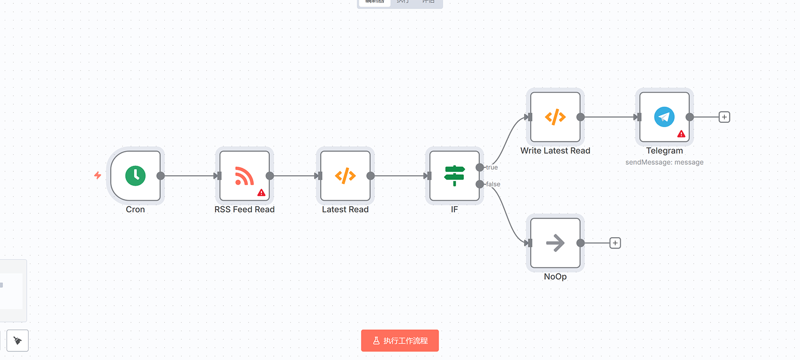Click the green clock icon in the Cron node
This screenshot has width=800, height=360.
pyautogui.click(x=135, y=176)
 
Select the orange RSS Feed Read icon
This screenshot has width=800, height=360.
pyautogui.click(x=244, y=176)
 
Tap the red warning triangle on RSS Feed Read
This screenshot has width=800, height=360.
pyautogui.click(x=261, y=192)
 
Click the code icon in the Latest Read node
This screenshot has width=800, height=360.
pyautogui.click(x=345, y=176)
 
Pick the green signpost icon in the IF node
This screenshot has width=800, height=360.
pyautogui.click(x=454, y=176)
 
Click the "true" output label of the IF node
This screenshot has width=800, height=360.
pyautogui.click(x=492, y=167)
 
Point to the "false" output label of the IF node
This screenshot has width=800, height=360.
pyautogui.click(x=493, y=184)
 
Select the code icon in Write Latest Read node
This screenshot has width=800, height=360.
pyautogui.click(x=555, y=117)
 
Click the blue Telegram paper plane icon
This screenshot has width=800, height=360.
pyautogui.click(x=664, y=117)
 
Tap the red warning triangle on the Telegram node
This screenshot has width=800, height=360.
pyautogui.click(x=681, y=134)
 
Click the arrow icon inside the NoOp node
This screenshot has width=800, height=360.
pyautogui.click(x=555, y=243)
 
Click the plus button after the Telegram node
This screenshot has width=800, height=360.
pyautogui.click(x=724, y=117)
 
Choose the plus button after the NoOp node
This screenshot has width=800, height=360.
pyautogui.click(x=615, y=243)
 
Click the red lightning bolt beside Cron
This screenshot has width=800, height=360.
pyautogui.click(x=98, y=175)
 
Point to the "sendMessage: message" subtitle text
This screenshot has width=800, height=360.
pyautogui.click(x=664, y=162)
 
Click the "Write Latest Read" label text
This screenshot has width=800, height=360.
pyautogui.click(x=555, y=150)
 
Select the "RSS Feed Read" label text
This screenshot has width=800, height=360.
pyautogui.click(x=244, y=210)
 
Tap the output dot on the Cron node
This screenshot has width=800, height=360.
pyautogui.click(x=160, y=176)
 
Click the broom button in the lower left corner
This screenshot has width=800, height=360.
pyautogui.click(x=18, y=340)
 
